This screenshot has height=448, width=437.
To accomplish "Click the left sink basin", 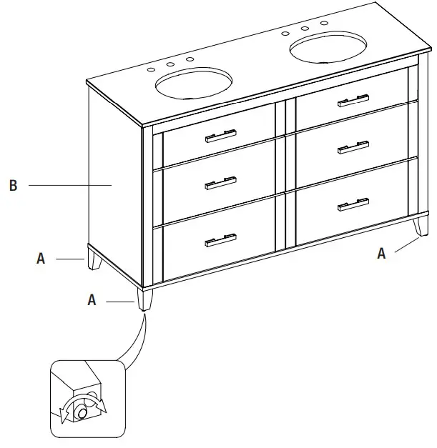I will tap(195, 84).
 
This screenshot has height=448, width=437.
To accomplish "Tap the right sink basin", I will tap(329, 47).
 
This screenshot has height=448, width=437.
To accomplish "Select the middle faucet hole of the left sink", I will tap(171, 65).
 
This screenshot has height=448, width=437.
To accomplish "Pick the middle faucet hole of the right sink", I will tap(305, 29).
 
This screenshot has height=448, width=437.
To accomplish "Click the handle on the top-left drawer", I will tap(220, 136).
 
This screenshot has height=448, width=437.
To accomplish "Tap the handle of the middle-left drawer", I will tap(220, 183).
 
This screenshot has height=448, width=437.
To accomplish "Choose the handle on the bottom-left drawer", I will tap(220, 239).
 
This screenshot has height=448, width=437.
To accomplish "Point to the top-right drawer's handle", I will tap(354, 101).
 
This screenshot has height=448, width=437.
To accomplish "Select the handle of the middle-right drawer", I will tap(354, 148).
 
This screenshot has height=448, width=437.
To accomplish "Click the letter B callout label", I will tap(13, 186).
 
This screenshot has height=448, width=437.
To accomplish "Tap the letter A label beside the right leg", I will tap(382, 254).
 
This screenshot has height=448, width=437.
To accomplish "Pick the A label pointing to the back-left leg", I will tap(41, 259).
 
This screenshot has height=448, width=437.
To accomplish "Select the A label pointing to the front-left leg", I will tap(92, 301).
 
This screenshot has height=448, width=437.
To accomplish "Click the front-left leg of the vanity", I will tap(147, 299).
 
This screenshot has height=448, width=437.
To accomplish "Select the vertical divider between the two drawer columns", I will tap(285, 174).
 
